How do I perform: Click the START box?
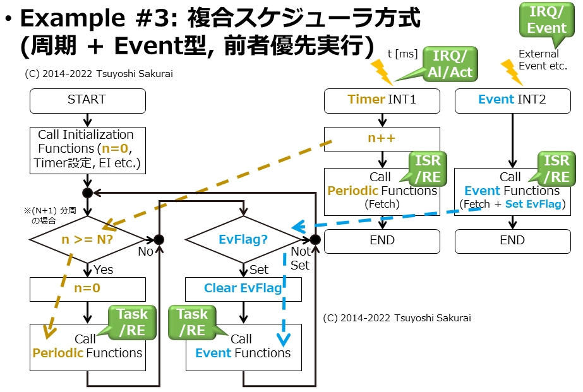point(87,100)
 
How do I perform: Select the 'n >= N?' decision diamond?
point(88,240)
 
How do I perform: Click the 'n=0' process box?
point(87,289)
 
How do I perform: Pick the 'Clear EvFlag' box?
point(243,288)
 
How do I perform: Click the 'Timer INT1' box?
point(382,100)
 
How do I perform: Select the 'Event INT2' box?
point(512,100)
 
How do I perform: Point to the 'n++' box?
point(382,138)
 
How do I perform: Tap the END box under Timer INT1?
point(382,241)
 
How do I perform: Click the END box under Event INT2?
point(512,241)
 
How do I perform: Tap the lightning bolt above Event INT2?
point(511,72)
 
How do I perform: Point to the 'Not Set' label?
point(300,258)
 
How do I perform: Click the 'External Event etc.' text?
point(543,60)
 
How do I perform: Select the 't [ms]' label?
point(402,54)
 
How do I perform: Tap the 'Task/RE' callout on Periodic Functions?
point(131,321)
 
